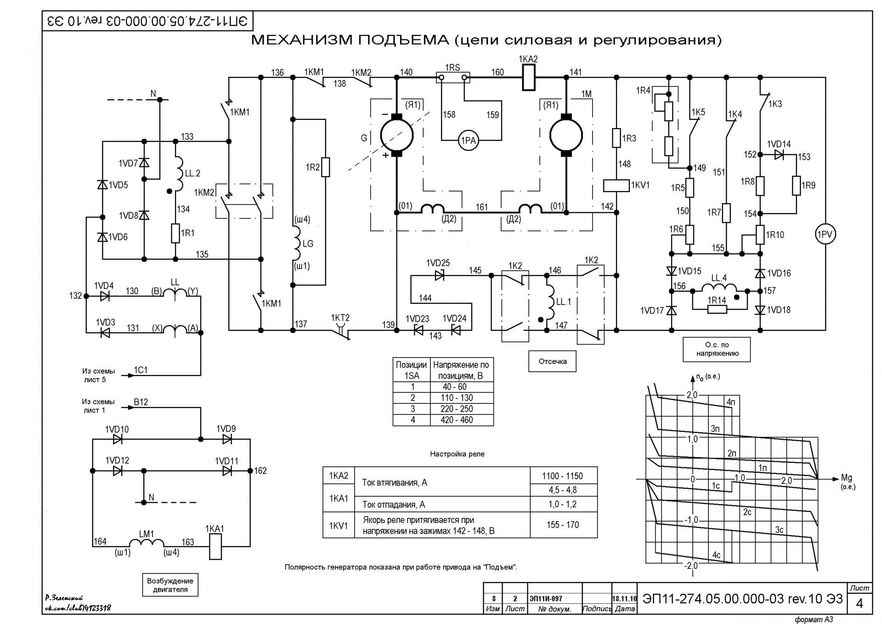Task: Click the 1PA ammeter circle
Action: point(468,140)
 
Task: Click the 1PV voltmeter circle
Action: point(825,234)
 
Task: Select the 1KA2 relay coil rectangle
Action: point(529,78)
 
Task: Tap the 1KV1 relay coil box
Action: point(616,185)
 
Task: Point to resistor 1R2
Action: point(325,167)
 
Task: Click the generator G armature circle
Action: point(396,135)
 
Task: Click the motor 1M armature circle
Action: point(566,135)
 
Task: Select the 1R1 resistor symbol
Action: point(175,233)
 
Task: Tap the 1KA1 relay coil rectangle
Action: point(215,546)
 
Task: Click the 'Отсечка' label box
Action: point(552,361)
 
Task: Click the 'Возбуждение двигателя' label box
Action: point(170,585)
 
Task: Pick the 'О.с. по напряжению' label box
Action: point(717,349)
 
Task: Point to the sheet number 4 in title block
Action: point(859,603)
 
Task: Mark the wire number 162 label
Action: point(260,471)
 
